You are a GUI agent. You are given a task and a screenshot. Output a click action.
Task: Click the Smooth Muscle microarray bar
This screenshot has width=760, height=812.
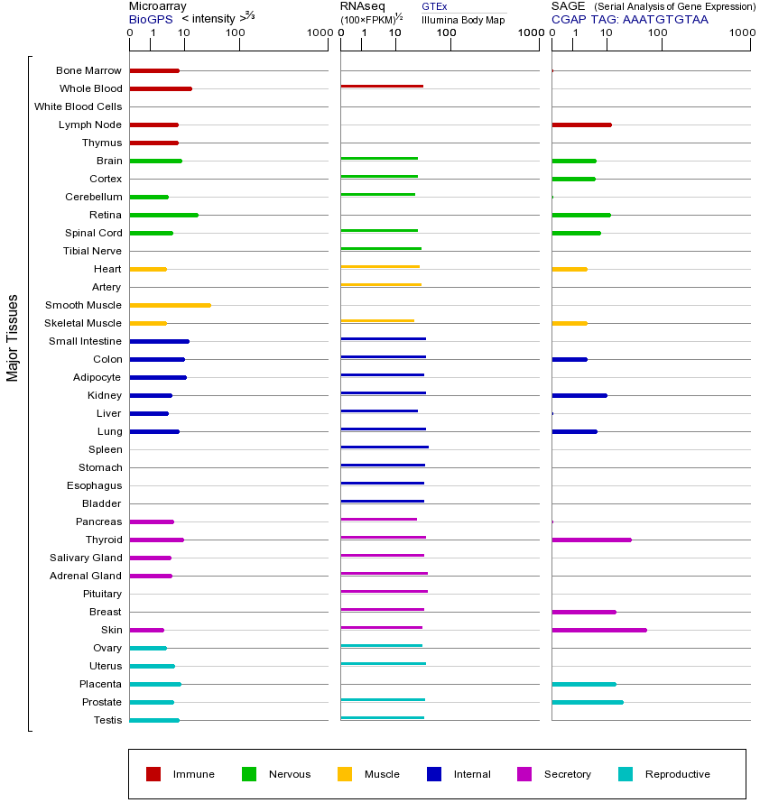point(170,305)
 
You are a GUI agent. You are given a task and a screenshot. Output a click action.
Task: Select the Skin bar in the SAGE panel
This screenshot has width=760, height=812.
point(598,630)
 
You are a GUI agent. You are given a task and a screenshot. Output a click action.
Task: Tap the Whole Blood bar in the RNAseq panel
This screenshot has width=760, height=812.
point(382,86)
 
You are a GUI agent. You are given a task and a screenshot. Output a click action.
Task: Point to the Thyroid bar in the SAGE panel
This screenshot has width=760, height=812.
point(591,540)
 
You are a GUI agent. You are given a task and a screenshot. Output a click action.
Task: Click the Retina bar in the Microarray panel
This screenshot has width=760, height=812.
point(163,215)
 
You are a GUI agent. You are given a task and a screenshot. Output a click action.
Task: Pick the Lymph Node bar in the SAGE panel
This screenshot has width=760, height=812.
point(581,125)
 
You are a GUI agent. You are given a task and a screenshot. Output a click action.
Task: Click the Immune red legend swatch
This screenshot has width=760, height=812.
point(153,774)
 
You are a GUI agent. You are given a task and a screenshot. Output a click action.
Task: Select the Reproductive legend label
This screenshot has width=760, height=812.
point(677,774)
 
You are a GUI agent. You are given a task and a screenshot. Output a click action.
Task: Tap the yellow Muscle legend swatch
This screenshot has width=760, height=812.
point(345,774)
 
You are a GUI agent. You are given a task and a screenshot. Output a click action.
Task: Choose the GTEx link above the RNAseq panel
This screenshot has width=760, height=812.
point(434,6)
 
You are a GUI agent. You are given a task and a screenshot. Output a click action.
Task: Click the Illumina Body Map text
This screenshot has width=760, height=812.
point(463,20)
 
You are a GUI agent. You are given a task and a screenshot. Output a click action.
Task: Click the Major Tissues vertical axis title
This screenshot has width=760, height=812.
point(13,337)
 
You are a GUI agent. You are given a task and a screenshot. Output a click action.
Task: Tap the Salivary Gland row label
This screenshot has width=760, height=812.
point(86,558)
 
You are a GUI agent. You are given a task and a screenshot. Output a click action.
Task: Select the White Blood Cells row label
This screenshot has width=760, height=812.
point(79,106)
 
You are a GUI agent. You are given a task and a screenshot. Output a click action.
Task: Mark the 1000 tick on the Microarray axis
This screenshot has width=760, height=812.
point(319,33)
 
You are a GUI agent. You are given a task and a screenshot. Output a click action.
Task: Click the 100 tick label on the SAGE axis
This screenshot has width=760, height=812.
point(658,33)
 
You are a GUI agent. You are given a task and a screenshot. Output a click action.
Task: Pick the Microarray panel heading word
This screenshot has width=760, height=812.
point(158,6)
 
